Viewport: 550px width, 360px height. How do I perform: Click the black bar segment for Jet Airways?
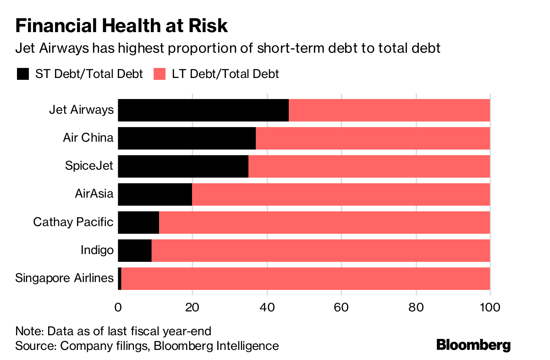coord(203,110)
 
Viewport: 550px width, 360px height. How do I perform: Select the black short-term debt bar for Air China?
coord(187,138)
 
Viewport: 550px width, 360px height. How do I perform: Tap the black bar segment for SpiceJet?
coord(183,166)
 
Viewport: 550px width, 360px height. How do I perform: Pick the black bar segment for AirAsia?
coord(155,194)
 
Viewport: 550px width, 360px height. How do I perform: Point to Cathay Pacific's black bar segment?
coord(138,222)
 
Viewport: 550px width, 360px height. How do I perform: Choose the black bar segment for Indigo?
coord(135,250)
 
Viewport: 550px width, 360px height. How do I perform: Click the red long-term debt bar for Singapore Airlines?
coord(306,278)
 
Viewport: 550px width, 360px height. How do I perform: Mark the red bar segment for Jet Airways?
coord(390,110)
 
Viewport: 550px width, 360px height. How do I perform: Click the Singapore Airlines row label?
coord(64,278)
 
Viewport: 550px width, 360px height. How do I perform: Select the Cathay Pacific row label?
coord(73,222)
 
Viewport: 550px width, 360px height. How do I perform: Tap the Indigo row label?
coord(97,250)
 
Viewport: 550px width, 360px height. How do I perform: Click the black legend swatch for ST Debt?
coord(23,74)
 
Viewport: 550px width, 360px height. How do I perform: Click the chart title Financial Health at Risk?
coord(121,26)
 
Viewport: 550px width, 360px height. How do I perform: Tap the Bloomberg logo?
coord(473,344)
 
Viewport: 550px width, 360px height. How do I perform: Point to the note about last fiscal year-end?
coord(113,332)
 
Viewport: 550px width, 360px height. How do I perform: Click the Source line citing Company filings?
coord(147,345)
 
